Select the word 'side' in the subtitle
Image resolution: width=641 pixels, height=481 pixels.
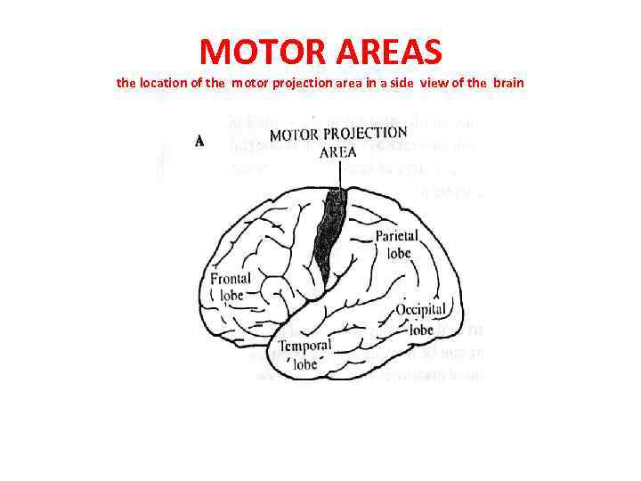(422, 83)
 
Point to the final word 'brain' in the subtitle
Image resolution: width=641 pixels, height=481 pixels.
(507, 83)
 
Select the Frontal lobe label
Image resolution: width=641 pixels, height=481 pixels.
(231, 287)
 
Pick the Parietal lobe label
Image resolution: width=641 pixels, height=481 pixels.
(393, 245)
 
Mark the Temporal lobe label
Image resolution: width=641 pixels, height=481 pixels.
(304, 354)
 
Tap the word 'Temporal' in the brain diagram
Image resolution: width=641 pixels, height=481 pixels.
(304, 346)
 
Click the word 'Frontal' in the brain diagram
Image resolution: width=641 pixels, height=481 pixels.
(231, 279)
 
